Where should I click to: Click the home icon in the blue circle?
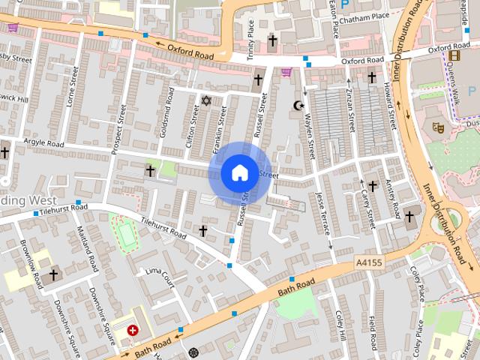click(238, 172)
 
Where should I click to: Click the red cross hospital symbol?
click(133, 330)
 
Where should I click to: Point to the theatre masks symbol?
click(439, 128)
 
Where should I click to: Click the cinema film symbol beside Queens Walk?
click(454, 55)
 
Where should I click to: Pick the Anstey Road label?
click(389, 195)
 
